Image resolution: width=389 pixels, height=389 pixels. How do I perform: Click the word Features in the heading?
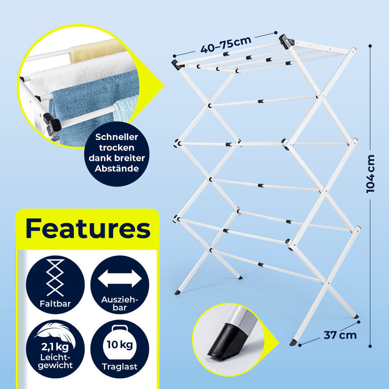pyautogui.click(x=88, y=228)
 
